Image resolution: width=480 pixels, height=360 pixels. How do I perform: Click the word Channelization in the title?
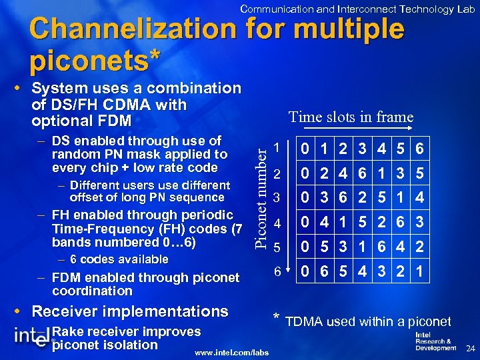tap(133, 29)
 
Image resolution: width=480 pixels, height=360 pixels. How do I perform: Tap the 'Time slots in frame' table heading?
tap(351, 117)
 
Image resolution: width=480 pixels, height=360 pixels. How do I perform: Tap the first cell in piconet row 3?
tap(304, 197)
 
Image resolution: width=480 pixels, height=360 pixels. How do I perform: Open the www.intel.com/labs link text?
tap(232, 353)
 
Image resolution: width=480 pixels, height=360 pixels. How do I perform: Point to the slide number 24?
tap(469, 349)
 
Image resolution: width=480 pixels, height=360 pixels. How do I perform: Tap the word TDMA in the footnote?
tap(303, 322)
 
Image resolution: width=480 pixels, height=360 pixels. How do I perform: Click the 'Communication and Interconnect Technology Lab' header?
tap(357, 9)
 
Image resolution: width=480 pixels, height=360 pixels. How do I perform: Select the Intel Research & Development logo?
tap(435, 341)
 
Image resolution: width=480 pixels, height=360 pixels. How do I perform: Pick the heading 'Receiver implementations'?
tap(130, 311)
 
